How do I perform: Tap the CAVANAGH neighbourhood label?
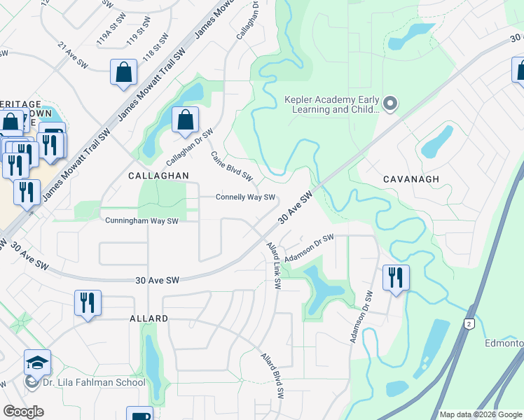411,179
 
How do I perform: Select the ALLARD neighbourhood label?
149,318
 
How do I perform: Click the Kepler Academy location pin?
390,105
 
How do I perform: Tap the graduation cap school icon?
37,362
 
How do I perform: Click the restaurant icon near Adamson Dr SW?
396,277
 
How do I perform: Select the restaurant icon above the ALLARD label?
88,302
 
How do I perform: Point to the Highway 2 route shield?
468,323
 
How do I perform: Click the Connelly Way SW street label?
244,197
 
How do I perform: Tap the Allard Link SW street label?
274,266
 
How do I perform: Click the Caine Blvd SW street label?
231,165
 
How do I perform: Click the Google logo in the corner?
23,412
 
